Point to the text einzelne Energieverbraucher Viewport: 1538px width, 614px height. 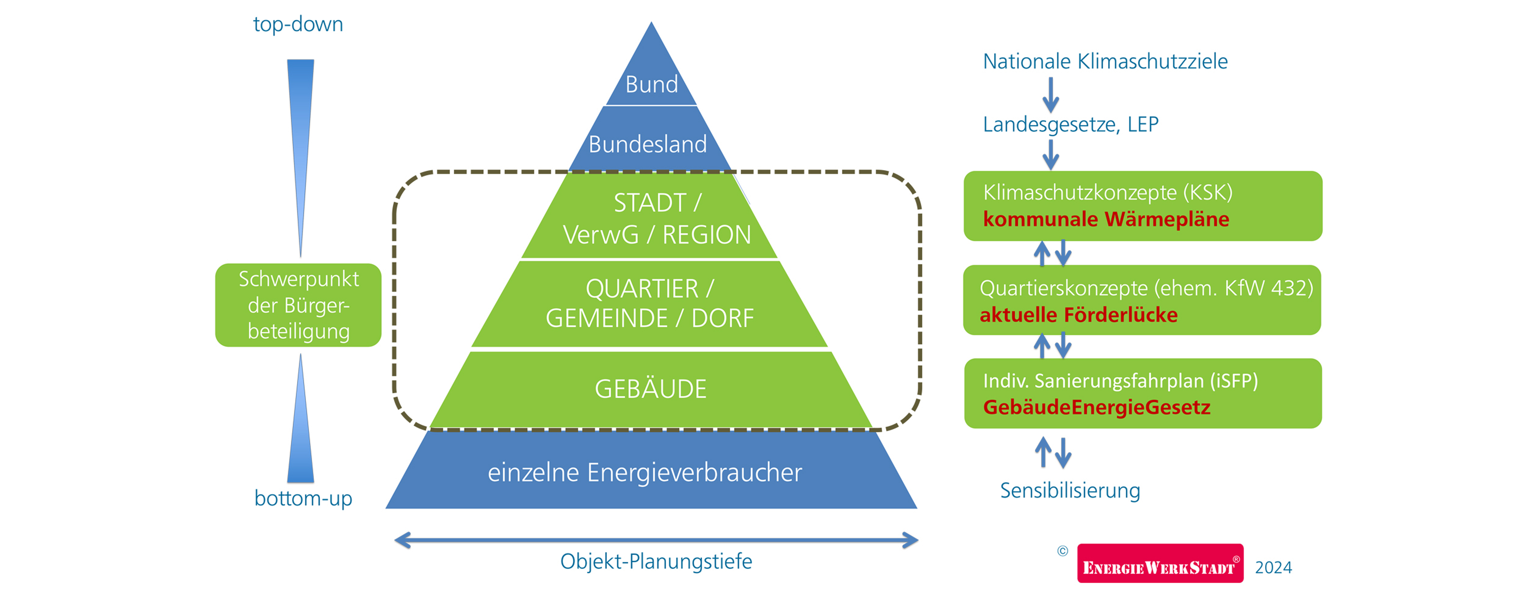645,472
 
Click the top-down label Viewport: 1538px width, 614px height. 298,24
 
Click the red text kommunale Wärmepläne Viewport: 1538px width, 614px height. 1106,219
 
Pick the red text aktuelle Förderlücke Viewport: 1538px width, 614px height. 1078,315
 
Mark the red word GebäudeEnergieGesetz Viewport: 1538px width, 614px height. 1096,407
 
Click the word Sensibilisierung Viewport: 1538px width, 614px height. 1070,490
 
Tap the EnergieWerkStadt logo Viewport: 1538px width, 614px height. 1160,563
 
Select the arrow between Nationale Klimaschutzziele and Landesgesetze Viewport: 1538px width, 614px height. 1051,94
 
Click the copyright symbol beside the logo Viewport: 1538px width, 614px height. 1062,551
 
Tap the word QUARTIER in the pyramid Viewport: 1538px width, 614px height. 642,289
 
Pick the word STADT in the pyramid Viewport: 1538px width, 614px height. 649,203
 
